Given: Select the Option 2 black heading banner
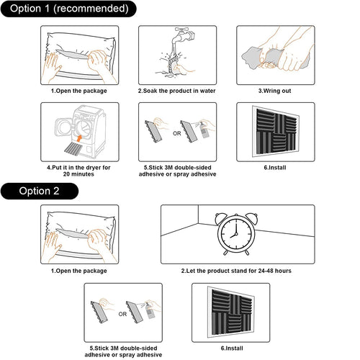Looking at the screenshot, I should click(40, 190).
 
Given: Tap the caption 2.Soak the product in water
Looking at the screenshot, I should click(176, 91).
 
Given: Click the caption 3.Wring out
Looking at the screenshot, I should click(275, 91).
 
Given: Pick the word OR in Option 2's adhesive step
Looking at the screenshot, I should click(122, 313).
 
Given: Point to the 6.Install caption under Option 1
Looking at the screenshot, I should click(275, 167).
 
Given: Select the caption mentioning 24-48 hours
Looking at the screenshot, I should click(235, 271).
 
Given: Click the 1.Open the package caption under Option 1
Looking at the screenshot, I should click(78, 91).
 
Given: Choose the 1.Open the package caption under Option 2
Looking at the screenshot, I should click(78, 271).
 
